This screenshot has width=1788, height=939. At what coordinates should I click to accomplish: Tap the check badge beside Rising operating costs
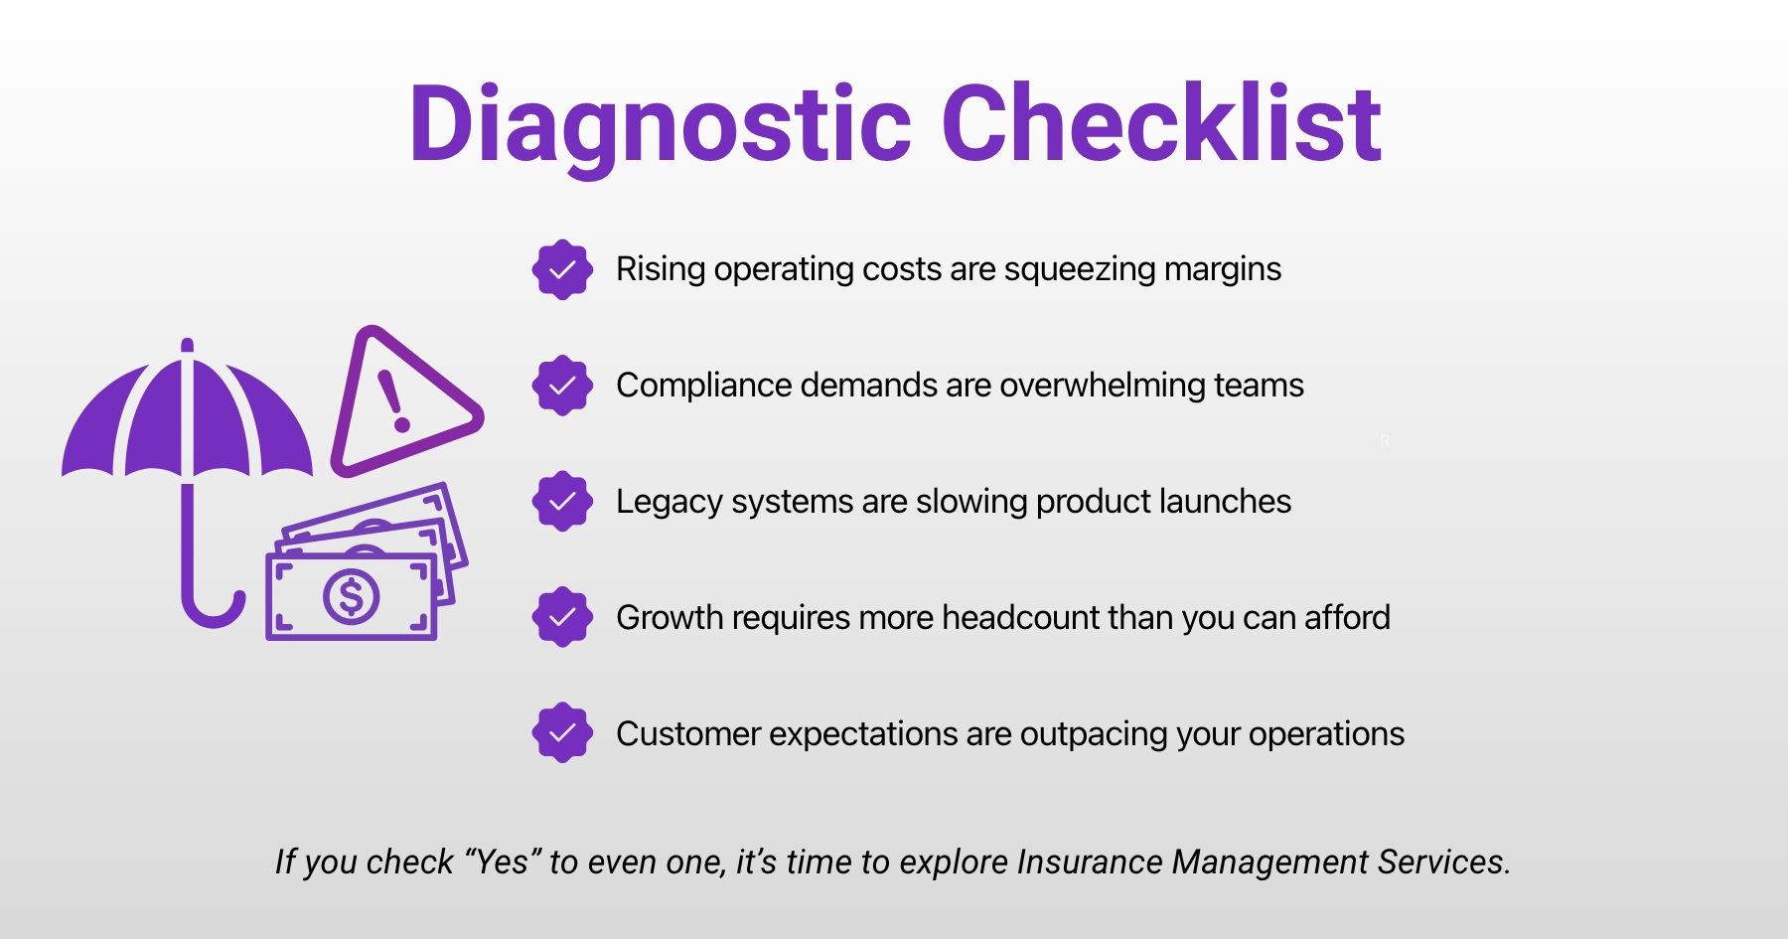pyautogui.click(x=562, y=269)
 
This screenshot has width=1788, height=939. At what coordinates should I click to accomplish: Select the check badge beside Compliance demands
pyautogui.click(x=562, y=386)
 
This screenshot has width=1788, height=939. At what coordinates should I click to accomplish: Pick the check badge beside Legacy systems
pyautogui.click(x=562, y=501)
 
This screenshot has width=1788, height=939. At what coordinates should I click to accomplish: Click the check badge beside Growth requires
pyautogui.click(x=562, y=617)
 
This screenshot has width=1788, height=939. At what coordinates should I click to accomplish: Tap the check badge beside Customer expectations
pyautogui.click(x=562, y=733)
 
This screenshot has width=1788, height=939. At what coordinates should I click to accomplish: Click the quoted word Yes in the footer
pyautogui.click(x=503, y=861)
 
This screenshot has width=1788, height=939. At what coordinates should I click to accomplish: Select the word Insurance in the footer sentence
pyautogui.click(x=1090, y=861)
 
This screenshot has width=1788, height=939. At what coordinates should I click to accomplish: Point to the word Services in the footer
pyautogui.click(x=1445, y=861)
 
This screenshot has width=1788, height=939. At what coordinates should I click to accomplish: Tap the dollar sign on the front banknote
pyautogui.click(x=351, y=597)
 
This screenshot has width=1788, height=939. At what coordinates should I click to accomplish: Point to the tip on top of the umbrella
pyautogui.click(x=187, y=345)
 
